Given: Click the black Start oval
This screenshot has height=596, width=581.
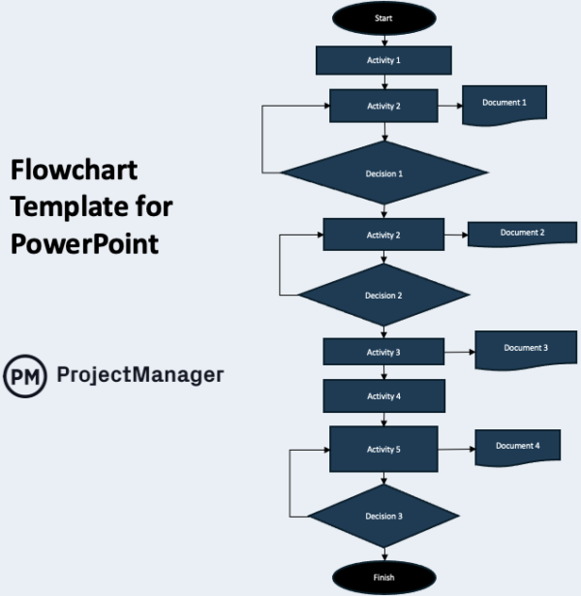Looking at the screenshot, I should [x=383, y=17].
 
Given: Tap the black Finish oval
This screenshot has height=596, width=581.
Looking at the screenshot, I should [x=383, y=578].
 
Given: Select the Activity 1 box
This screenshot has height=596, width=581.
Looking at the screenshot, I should [x=383, y=60].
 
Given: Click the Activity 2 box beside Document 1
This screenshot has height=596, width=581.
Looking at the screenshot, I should [x=383, y=106].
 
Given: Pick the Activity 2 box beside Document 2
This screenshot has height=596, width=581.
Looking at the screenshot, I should [x=383, y=235].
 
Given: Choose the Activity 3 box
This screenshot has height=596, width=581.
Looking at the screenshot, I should [x=383, y=353].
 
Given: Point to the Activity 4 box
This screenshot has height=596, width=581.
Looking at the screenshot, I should [x=383, y=395].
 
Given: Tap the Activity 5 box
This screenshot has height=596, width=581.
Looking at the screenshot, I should [x=383, y=450].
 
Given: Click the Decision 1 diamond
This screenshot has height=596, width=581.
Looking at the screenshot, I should [x=383, y=173].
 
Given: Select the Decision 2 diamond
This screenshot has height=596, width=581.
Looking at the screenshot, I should [x=383, y=295].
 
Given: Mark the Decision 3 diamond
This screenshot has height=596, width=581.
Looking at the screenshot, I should [x=383, y=516].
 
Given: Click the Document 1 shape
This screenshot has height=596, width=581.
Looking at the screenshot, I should [x=504, y=104].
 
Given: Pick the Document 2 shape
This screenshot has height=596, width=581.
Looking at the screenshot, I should [x=522, y=234].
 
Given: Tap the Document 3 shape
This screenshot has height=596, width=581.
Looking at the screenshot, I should [x=526, y=349].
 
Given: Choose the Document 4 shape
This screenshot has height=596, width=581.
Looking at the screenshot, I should [x=517, y=447].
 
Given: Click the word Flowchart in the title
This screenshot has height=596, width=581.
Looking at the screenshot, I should [x=74, y=172].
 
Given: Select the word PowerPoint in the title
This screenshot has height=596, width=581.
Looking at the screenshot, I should [x=84, y=241].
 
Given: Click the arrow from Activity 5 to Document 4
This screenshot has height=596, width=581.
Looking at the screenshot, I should [x=455, y=449].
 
